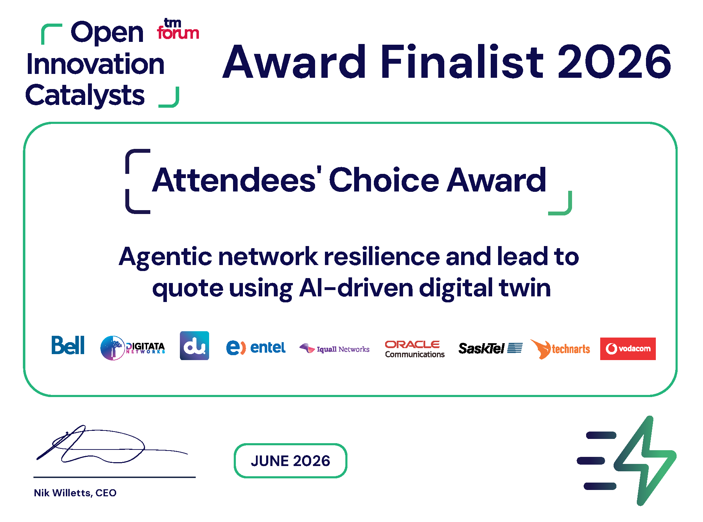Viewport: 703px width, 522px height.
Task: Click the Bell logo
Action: pyautogui.click(x=68, y=345)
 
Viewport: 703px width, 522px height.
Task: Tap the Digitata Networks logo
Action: pyautogui.click(x=133, y=348)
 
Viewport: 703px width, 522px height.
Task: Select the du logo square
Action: pyautogui.click(x=194, y=346)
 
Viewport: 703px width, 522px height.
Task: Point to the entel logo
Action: pyautogui.click(x=256, y=348)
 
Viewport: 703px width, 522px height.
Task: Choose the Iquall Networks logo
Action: pyautogui.click(x=334, y=348)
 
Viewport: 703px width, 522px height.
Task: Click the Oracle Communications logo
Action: pyautogui.click(x=415, y=349)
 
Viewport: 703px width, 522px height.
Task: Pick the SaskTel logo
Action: pyautogui.click(x=490, y=348)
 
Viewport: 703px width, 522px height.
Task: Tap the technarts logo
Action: pyautogui.click(x=560, y=349)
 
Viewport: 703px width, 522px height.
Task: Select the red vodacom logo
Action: pyautogui.click(x=628, y=348)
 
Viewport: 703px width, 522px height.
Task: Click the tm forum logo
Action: pyautogui.click(x=178, y=29)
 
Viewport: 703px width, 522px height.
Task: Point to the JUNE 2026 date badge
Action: pyautogui.click(x=290, y=460)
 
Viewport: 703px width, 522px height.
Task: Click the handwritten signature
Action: pyautogui.click(x=112, y=444)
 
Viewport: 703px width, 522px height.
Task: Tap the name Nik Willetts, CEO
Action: pyautogui.click(x=75, y=493)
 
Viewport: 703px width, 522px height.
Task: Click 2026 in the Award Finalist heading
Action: pyautogui.click(x=615, y=61)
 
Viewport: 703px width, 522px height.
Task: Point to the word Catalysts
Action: pyautogui.click(x=85, y=95)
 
